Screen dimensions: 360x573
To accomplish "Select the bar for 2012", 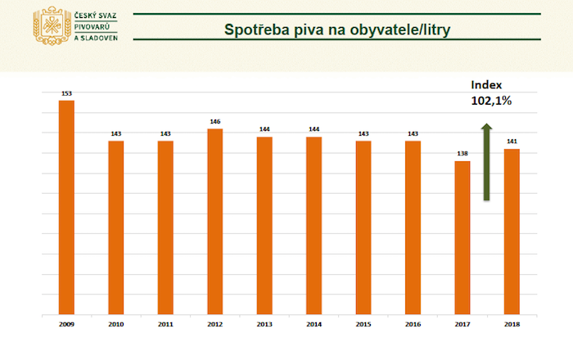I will pyautogui.click(x=214, y=222).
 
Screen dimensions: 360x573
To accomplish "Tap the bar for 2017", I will pyautogui.click(x=462, y=238).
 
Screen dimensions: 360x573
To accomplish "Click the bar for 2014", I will pyautogui.click(x=314, y=226).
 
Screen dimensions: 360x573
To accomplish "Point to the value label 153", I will pyautogui.click(x=66, y=94).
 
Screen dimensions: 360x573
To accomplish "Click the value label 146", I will pyautogui.click(x=214, y=122).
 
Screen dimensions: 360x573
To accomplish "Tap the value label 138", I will pyautogui.click(x=462, y=155).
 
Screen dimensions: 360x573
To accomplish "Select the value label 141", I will pyautogui.click(x=512, y=142).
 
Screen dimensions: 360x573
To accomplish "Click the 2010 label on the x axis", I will pyautogui.click(x=115, y=325).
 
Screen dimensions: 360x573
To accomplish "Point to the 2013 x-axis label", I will pyautogui.click(x=264, y=325).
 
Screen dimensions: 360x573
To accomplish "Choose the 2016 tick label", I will pyautogui.click(x=413, y=325).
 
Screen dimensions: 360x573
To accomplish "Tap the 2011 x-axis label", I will pyautogui.click(x=165, y=325).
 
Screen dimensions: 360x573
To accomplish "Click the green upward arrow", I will pyautogui.click(x=485, y=161).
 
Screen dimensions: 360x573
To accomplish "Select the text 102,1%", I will pyautogui.click(x=491, y=101).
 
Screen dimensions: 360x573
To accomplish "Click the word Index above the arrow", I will pyautogui.click(x=485, y=85).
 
